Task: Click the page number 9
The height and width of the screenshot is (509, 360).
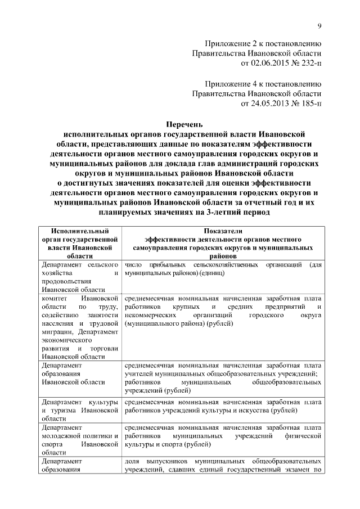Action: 319,25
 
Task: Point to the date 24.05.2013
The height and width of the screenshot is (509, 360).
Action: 271,104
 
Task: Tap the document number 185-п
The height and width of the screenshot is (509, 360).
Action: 308,104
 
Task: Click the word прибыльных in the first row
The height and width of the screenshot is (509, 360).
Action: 167,264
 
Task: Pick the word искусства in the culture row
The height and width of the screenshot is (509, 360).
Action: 252,410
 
